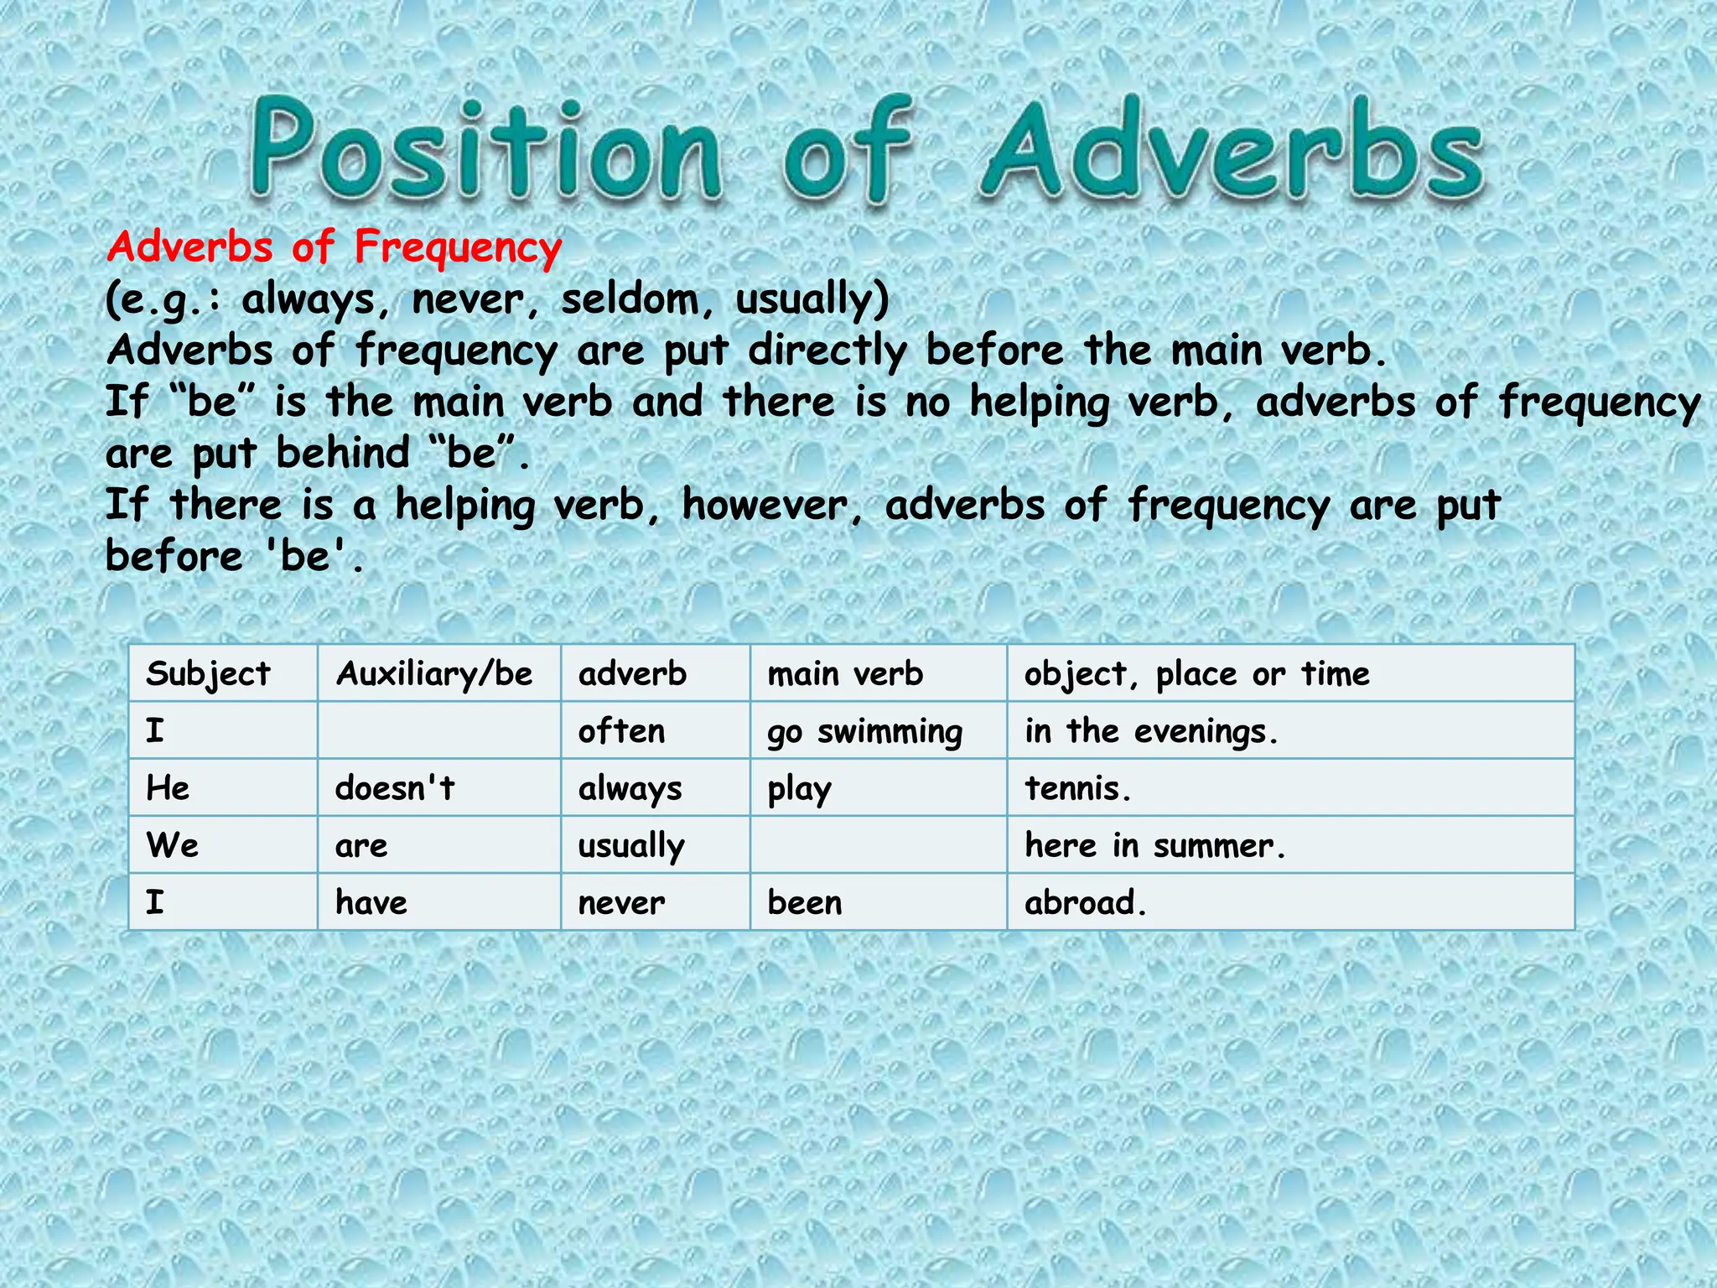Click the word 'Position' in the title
(485, 151)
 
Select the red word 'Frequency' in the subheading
(458, 247)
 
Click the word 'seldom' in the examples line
(629, 299)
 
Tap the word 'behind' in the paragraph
(343, 454)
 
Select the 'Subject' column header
(208, 674)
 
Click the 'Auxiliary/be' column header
(434, 674)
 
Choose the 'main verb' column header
(845, 674)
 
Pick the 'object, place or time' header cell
(1197, 674)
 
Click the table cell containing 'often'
(622, 731)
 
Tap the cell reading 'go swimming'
(865, 732)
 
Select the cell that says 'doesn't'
(395, 788)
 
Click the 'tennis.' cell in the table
(1078, 788)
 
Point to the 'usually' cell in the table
(631, 846)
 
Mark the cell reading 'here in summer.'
(1155, 845)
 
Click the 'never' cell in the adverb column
(622, 903)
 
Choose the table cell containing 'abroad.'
(1086, 903)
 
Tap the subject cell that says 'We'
(173, 845)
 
